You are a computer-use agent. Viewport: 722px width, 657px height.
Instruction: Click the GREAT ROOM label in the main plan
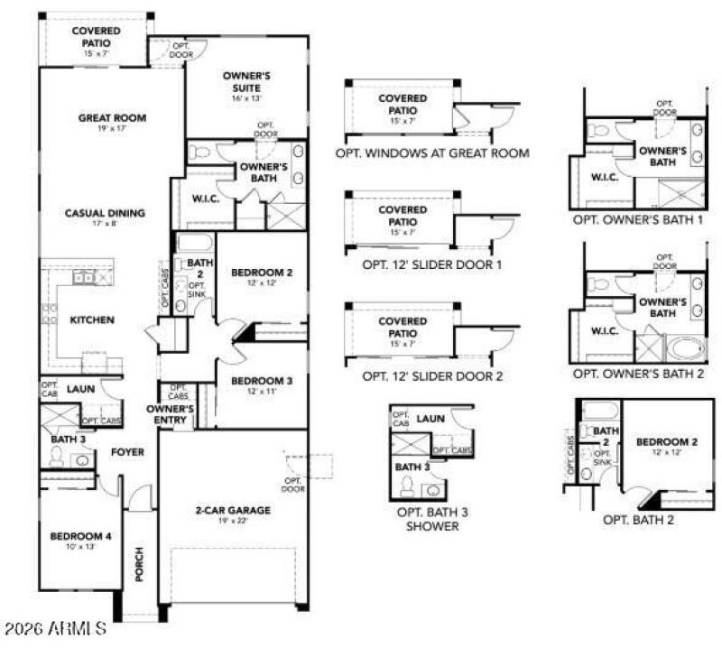coord(112,117)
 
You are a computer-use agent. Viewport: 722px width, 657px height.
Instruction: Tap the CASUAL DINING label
coord(105,214)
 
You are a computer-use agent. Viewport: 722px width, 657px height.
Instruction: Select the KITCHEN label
coord(92,319)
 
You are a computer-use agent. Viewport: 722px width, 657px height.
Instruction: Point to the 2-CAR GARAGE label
coord(233,511)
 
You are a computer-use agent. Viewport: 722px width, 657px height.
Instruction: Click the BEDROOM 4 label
coord(80,537)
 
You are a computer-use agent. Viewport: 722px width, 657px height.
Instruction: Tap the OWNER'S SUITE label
coord(246,81)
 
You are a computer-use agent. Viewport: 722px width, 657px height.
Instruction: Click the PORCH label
coord(139,564)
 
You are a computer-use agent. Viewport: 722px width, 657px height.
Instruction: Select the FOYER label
coord(127,451)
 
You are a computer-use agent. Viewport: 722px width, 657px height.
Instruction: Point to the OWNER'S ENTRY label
coord(171,414)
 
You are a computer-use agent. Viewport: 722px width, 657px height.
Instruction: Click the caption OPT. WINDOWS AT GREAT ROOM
coord(431,153)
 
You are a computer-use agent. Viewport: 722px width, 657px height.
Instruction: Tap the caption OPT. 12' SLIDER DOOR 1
coord(431,264)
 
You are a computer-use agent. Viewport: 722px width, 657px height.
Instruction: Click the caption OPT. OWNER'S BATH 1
coord(638,219)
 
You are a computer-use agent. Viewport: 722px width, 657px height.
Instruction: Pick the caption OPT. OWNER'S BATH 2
coord(638,372)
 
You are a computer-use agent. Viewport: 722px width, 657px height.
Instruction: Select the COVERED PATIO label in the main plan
coord(96,36)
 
